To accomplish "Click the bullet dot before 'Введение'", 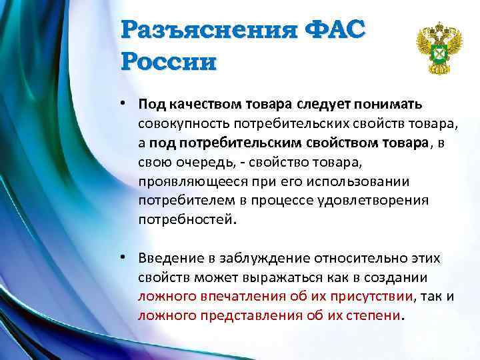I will (125, 257).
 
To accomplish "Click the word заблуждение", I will (257, 258).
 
